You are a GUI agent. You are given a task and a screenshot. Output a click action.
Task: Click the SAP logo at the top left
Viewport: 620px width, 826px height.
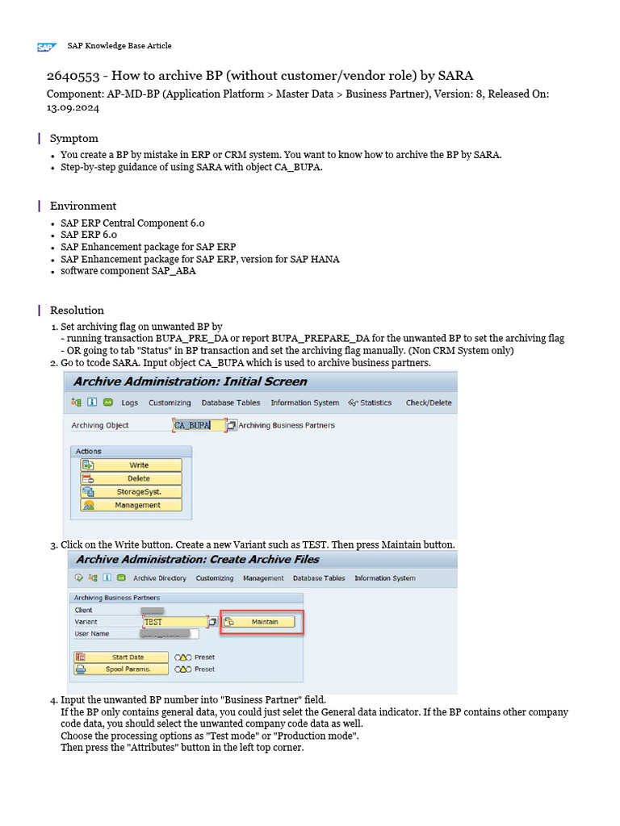[45, 47]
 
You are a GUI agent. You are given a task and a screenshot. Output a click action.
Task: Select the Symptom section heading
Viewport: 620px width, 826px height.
[74, 139]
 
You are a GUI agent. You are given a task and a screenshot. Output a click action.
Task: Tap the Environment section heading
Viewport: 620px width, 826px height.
[83, 206]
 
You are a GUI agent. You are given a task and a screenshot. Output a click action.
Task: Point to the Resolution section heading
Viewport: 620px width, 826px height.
[77, 311]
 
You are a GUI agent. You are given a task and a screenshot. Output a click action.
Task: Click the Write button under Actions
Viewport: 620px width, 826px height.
[131, 465]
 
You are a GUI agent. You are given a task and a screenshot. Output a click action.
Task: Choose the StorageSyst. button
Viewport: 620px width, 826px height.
[131, 491]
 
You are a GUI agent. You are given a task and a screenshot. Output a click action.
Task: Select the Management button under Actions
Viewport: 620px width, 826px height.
[131, 505]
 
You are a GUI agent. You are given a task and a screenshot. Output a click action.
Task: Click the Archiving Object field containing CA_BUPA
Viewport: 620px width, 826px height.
[199, 425]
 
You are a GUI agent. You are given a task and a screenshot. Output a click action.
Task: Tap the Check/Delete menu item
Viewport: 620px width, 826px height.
[429, 403]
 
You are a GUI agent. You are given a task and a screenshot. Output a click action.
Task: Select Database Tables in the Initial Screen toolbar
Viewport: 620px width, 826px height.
[230, 403]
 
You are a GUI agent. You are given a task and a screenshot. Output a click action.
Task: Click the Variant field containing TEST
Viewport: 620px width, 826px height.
[174, 622]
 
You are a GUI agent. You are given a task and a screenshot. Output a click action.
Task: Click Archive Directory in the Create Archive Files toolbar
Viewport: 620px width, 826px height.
[159, 578]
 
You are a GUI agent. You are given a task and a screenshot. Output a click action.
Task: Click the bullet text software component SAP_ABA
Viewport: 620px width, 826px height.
[128, 271]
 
